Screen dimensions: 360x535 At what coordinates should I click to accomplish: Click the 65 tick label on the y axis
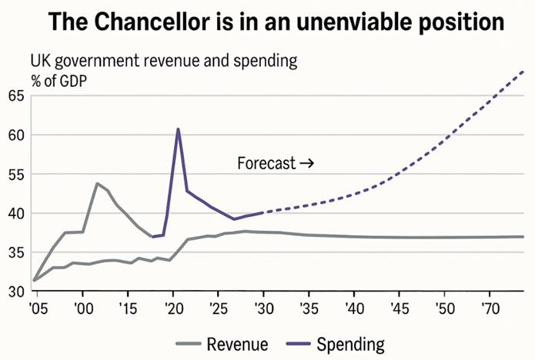pyautogui.click(x=16, y=96)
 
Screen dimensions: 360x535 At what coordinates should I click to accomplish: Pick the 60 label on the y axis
pyautogui.click(x=16, y=135)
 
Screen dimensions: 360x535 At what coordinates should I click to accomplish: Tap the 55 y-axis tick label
pyautogui.click(x=16, y=175)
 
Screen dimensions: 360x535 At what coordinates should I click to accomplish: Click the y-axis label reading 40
pyautogui.click(x=16, y=213)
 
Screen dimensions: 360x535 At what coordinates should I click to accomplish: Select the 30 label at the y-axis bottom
pyautogui.click(x=16, y=292)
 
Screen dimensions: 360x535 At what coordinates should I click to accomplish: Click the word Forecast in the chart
pyautogui.click(x=266, y=163)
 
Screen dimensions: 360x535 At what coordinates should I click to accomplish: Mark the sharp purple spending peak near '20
pyautogui.click(x=178, y=129)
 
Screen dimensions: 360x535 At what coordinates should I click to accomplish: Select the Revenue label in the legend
pyautogui.click(x=237, y=344)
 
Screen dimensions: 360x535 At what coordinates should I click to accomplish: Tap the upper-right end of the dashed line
pyautogui.click(x=523, y=72)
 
